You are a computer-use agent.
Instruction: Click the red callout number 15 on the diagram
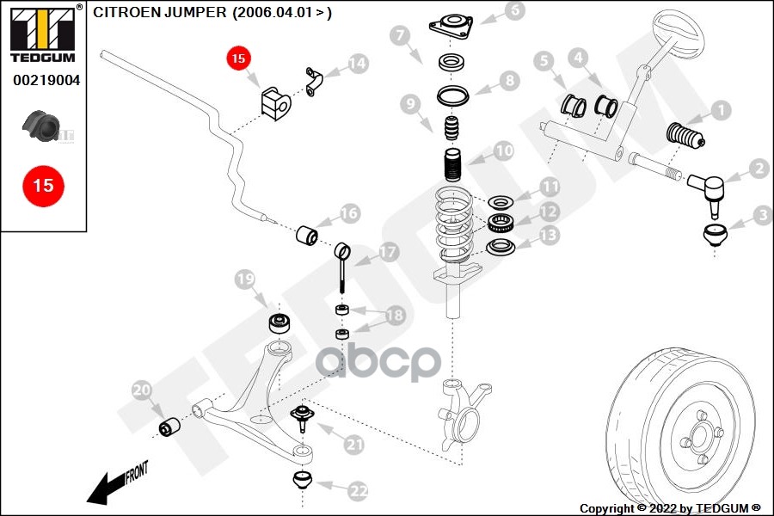click(x=238, y=58)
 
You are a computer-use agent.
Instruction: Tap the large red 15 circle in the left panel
click(x=43, y=184)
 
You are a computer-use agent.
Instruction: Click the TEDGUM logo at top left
click(x=42, y=34)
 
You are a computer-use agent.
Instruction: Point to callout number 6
click(x=514, y=11)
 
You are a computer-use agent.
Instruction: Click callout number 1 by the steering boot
click(x=721, y=109)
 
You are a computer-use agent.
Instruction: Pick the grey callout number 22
click(x=358, y=491)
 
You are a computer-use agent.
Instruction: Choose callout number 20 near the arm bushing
click(x=142, y=392)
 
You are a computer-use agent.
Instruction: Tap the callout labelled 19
click(x=245, y=279)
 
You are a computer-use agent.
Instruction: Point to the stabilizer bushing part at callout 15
click(x=274, y=102)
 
